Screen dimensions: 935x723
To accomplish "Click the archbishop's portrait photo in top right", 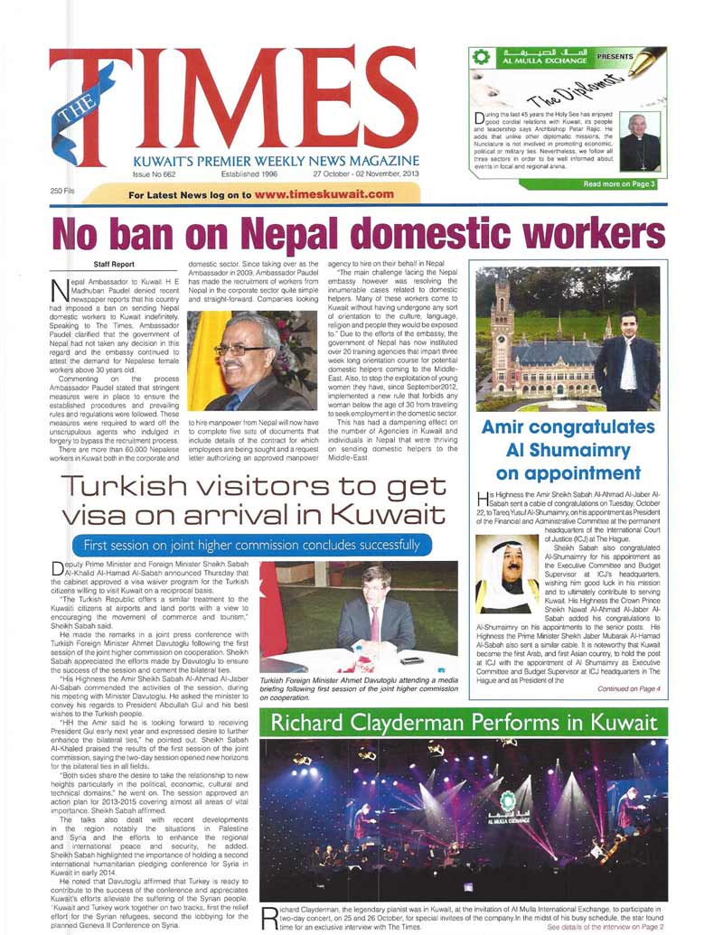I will [641, 141].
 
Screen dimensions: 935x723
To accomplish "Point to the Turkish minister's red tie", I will [374, 622].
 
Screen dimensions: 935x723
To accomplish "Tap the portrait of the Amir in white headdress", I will [508, 572].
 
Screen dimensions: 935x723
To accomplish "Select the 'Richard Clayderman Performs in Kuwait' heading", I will [464, 723].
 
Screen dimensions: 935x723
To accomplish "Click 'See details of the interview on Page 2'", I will [606, 927].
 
